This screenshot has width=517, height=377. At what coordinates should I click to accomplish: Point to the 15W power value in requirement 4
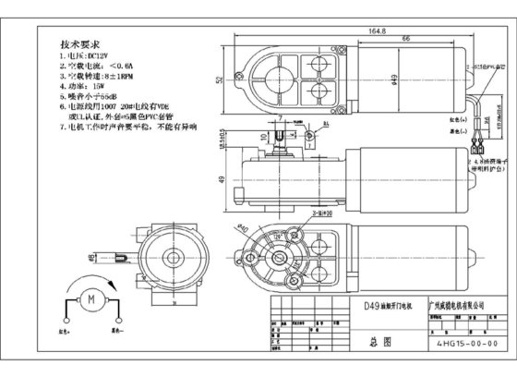click(92, 89)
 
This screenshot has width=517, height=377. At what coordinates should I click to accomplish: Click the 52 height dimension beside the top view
click(219, 80)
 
